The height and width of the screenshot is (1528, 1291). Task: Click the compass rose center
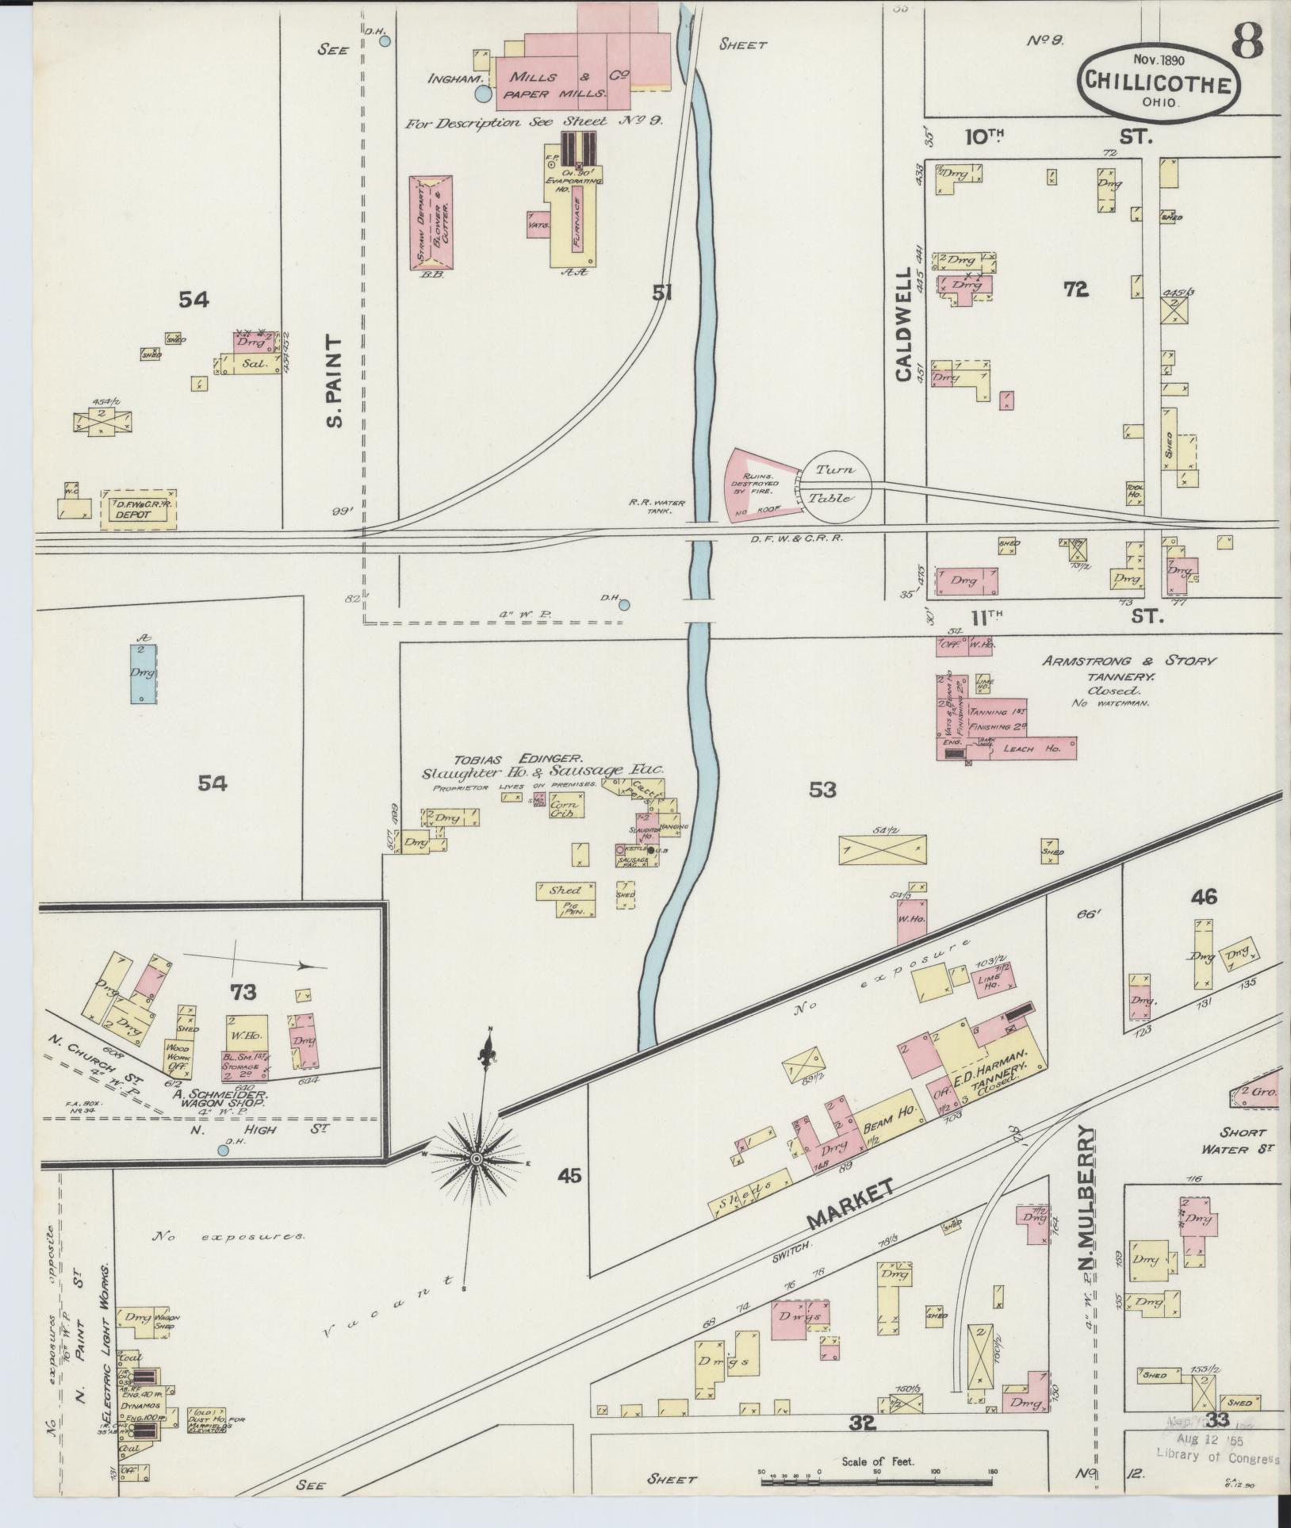tap(477, 1160)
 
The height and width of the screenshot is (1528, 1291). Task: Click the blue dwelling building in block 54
tap(144, 673)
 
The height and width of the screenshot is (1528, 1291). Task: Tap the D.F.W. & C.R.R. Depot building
tap(138, 509)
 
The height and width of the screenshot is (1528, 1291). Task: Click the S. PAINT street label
tap(334, 382)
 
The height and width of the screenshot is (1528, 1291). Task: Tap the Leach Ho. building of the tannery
tap(1027, 748)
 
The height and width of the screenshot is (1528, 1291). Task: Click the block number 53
tap(823, 789)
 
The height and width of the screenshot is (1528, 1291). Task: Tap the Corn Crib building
tap(566, 806)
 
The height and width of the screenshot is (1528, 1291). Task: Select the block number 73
tap(243, 992)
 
